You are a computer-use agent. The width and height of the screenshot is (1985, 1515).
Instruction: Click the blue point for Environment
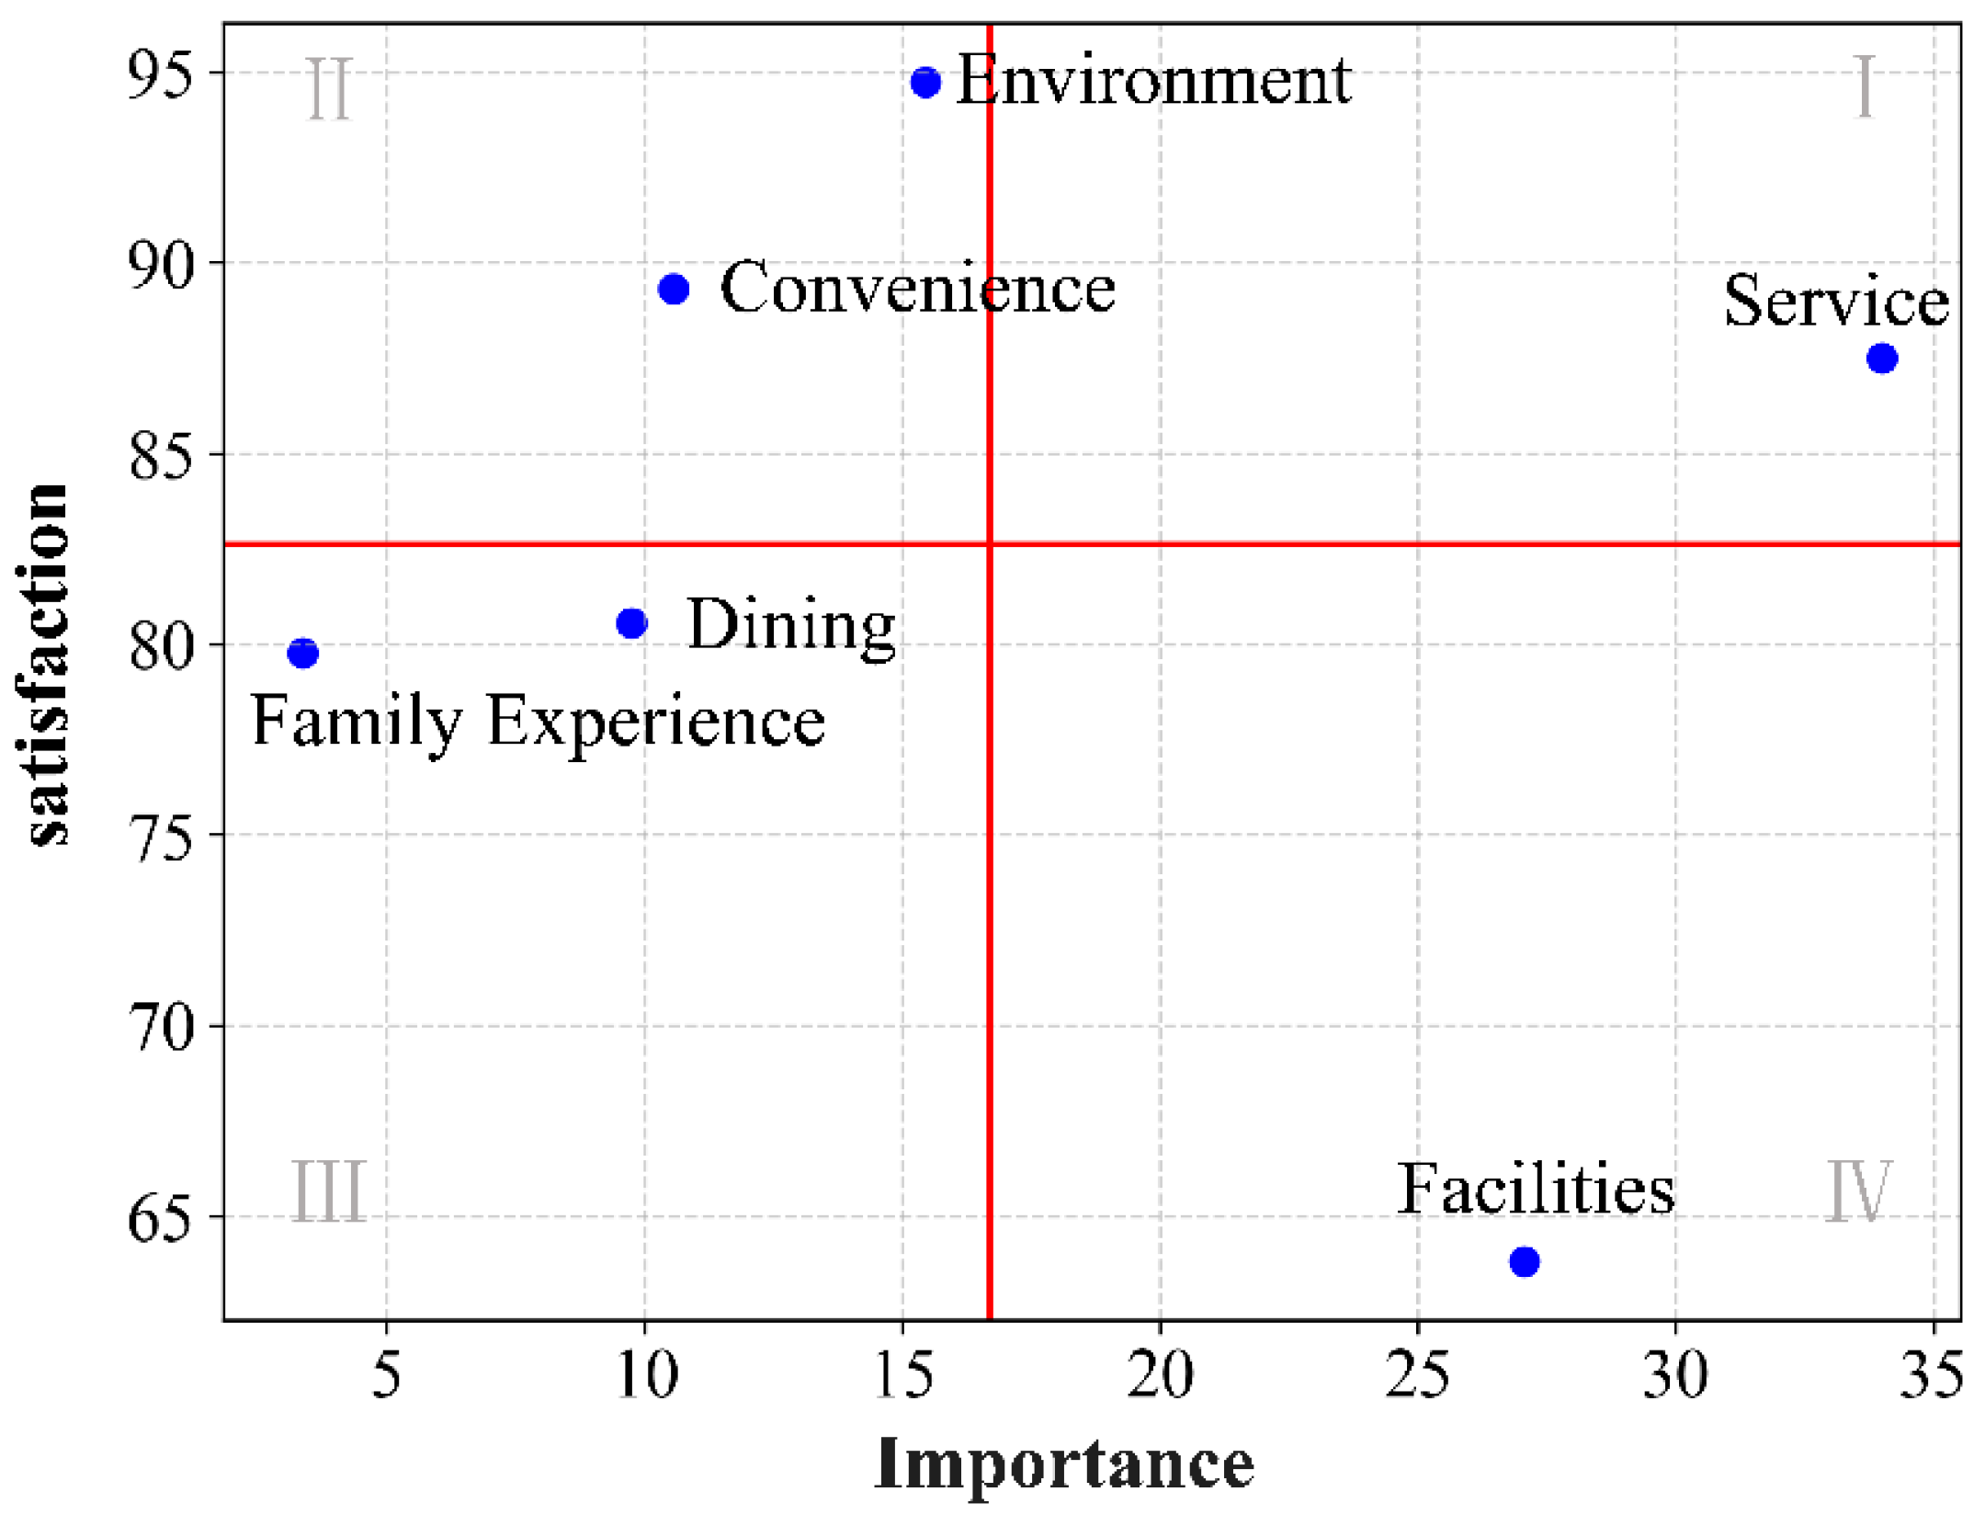pyautogui.click(x=925, y=83)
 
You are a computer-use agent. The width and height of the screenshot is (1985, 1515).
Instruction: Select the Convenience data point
pyautogui.click(x=674, y=290)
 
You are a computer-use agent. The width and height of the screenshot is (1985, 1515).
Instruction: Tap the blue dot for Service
pyautogui.click(x=1882, y=359)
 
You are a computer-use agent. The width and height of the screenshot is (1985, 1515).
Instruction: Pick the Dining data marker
pyautogui.click(x=631, y=623)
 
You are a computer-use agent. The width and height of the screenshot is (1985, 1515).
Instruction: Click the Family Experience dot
pyautogui.click(x=302, y=654)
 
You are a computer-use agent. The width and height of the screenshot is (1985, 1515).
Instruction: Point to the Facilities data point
pyautogui.click(x=1525, y=1261)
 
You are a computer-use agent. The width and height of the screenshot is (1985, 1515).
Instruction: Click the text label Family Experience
pyautogui.click(x=538, y=722)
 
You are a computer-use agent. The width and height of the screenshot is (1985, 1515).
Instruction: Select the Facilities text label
pyautogui.click(x=1536, y=1190)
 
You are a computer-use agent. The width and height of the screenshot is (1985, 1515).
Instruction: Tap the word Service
pyautogui.click(x=1835, y=301)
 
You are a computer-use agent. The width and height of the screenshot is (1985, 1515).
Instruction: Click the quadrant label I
pyautogui.click(x=1864, y=87)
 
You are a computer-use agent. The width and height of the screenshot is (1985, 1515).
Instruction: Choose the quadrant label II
pyautogui.click(x=328, y=89)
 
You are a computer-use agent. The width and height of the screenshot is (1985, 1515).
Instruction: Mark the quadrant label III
pyautogui.click(x=328, y=1191)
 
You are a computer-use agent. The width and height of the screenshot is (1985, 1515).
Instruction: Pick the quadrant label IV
pyautogui.click(x=1857, y=1191)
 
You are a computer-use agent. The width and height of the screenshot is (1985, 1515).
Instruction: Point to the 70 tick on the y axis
pyautogui.click(x=161, y=1028)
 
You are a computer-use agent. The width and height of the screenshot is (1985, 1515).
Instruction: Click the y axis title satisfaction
pyautogui.click(x=46, y=664)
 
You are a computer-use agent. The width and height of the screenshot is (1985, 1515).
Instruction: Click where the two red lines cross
pyautogui.click(x=990, y=544)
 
